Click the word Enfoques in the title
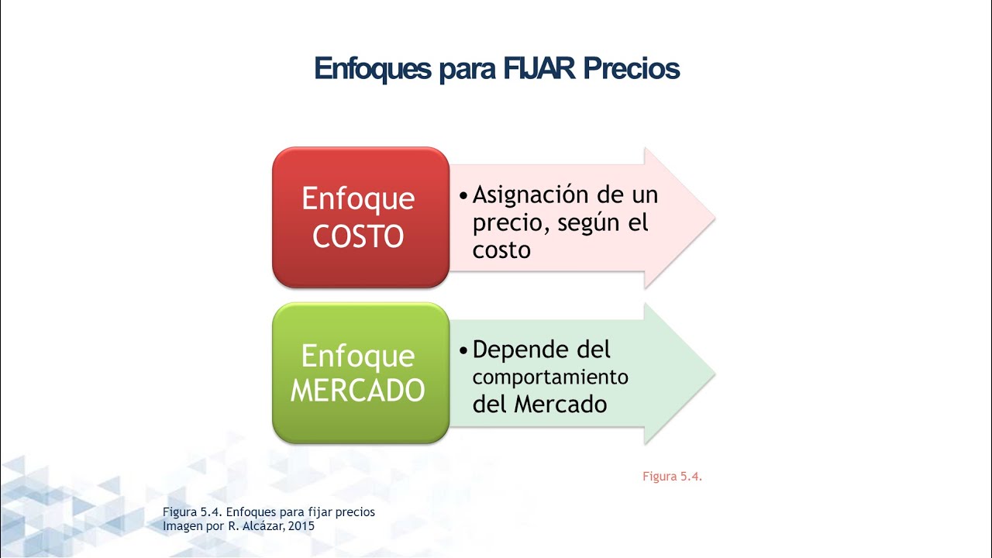(374, 69)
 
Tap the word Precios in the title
(631, 69)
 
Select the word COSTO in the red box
(358, 236)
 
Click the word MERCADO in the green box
(358, 391)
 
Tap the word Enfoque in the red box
(358, 198)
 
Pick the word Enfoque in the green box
(358, 356)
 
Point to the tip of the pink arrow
(713, 218)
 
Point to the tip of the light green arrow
(713, 374)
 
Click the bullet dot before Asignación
(463, 195)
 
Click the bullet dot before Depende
(463, 351)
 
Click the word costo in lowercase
(501, 250)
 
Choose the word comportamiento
(550, 377)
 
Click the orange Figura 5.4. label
(672, 477)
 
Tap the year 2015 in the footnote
(301, 526)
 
